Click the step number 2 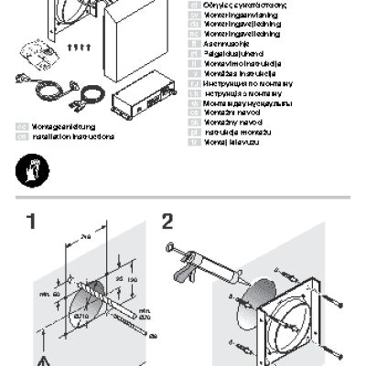[167, 221]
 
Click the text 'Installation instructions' [73, 136]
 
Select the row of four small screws [80, 46]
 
